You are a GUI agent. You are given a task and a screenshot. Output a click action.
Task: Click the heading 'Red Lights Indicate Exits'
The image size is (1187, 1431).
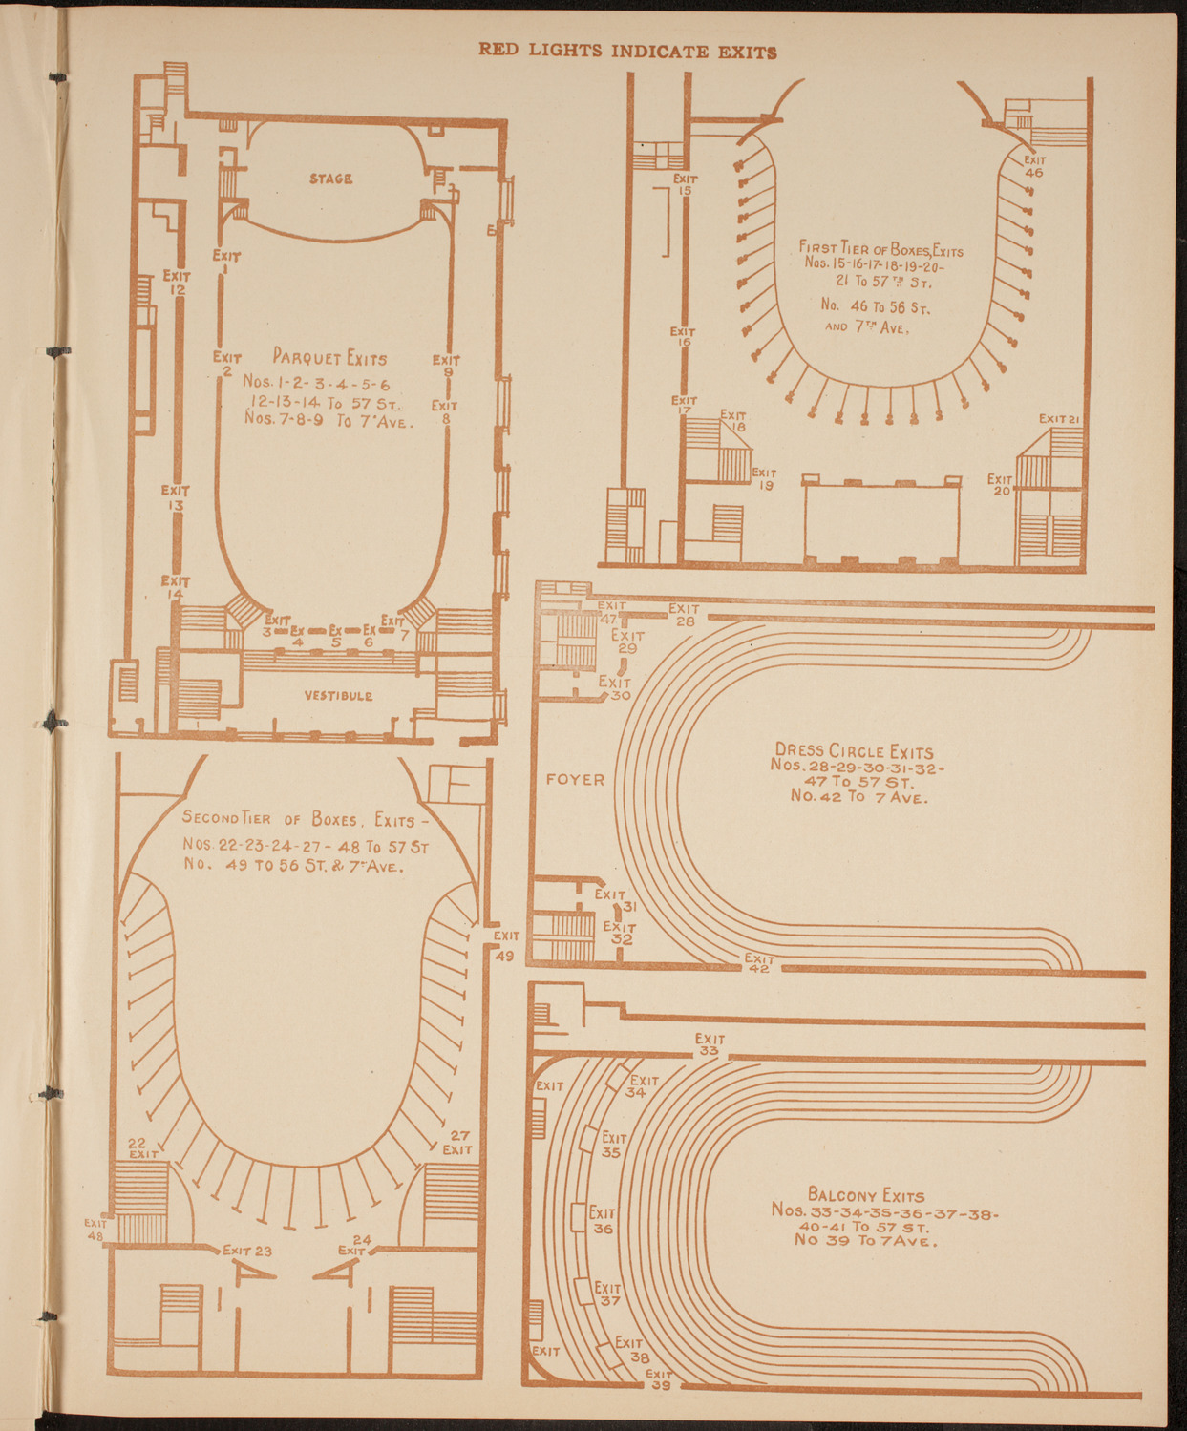tap(627, 52)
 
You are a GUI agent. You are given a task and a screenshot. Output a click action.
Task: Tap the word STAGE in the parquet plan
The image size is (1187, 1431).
tap(331, 179)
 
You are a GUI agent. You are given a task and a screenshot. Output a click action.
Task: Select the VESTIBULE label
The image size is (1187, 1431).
tap(338, 696)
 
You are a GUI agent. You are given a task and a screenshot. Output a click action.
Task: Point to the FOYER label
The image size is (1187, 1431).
tap(576, 780)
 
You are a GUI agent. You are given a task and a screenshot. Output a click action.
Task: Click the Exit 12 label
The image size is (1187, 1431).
tap(177, 283)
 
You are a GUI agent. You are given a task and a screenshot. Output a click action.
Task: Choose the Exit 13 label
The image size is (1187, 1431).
tap(176, 497)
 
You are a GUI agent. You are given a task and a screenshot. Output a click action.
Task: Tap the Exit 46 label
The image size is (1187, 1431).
tap(1033, 167)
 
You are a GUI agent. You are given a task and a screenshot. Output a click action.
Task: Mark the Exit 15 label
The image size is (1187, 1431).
tap(685, 184)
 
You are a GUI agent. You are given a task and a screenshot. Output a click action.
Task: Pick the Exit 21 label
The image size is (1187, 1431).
tap(1059, 418)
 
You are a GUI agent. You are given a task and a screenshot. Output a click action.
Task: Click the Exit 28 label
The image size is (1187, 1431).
tap(684, 615)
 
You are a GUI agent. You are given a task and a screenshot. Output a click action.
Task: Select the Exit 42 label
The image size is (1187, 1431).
tap(759, 963)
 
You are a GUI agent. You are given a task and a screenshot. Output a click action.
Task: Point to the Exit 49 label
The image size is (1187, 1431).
tap(506, 945)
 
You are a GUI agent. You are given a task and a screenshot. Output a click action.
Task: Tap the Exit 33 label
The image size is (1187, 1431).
tap(710, 1044)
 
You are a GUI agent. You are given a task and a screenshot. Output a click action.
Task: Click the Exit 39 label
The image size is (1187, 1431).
tap(660, 1379)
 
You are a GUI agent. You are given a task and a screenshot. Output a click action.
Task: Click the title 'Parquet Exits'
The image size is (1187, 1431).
tap(330, 359)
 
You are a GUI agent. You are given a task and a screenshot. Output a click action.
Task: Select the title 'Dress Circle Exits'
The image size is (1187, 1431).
tap(855, 751)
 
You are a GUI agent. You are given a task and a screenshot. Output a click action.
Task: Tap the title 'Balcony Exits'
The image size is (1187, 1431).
tap(866, 1194)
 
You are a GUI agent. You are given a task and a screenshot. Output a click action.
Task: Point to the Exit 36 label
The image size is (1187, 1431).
tap(602, 1221)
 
